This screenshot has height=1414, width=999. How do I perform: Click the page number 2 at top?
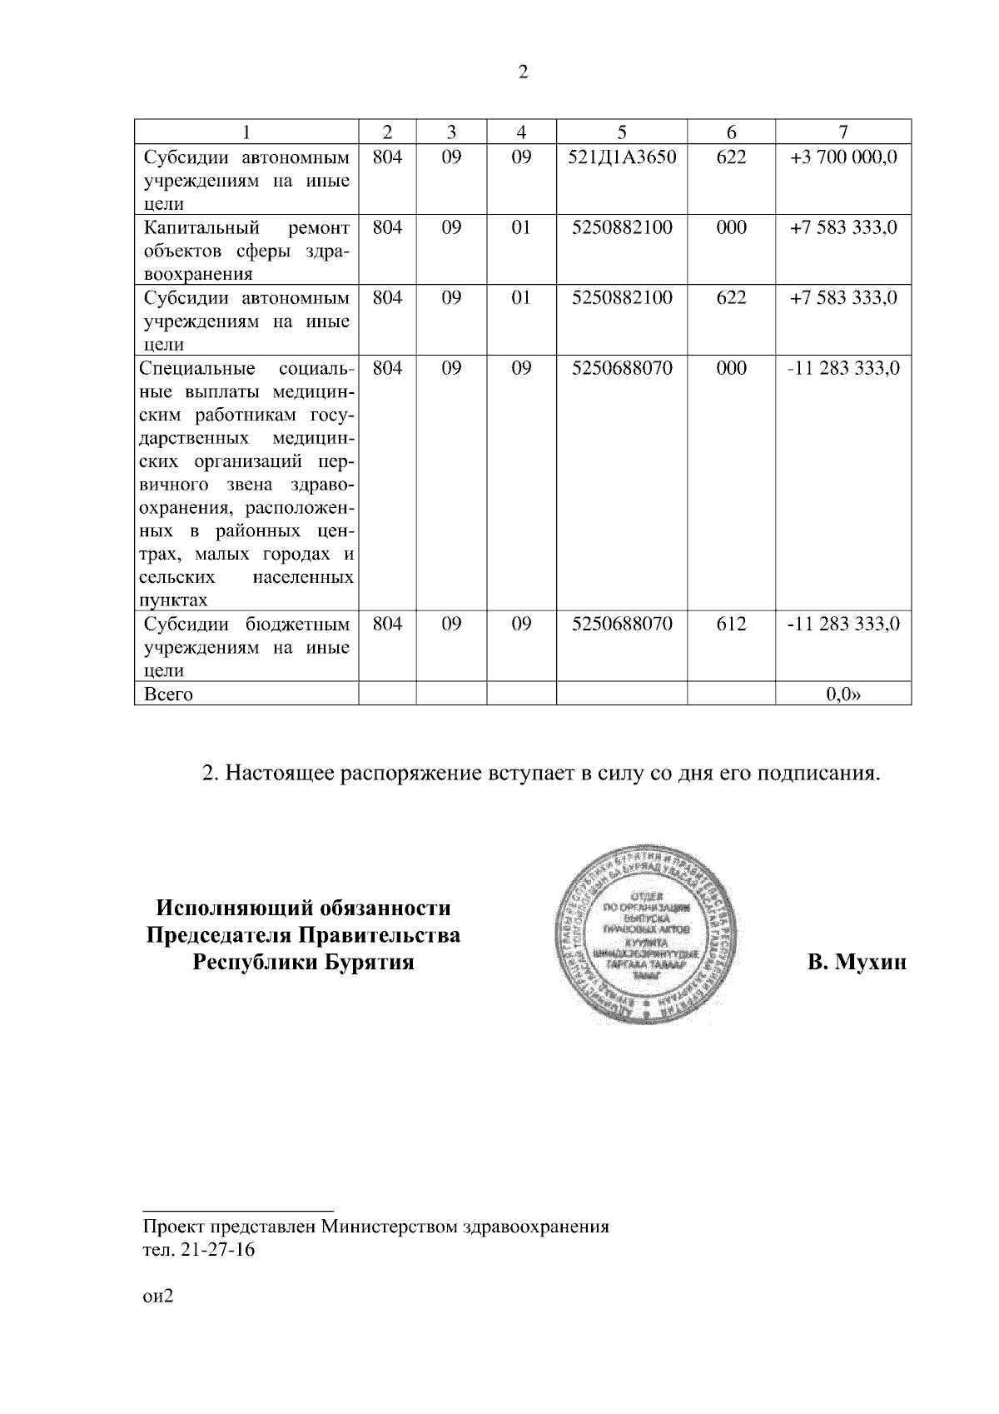click(x=523, y=72)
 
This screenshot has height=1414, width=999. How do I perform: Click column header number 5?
click(x=622, y=132)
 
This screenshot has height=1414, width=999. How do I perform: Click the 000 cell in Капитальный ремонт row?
click(x=731, y=227)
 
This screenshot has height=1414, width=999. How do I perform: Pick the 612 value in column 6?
click(x=731, y=624)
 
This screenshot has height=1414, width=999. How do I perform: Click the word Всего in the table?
click(x=169, y=694)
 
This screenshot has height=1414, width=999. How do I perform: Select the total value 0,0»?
click(x=843, y=694)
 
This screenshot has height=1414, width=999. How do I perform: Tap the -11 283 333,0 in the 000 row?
click(x=843, y=368)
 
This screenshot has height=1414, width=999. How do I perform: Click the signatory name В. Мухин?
click(x=857, y=963)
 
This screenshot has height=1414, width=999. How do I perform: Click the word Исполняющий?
click(x=227, y=907)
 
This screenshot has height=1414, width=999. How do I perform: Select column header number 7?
click(x=843, y=132)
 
